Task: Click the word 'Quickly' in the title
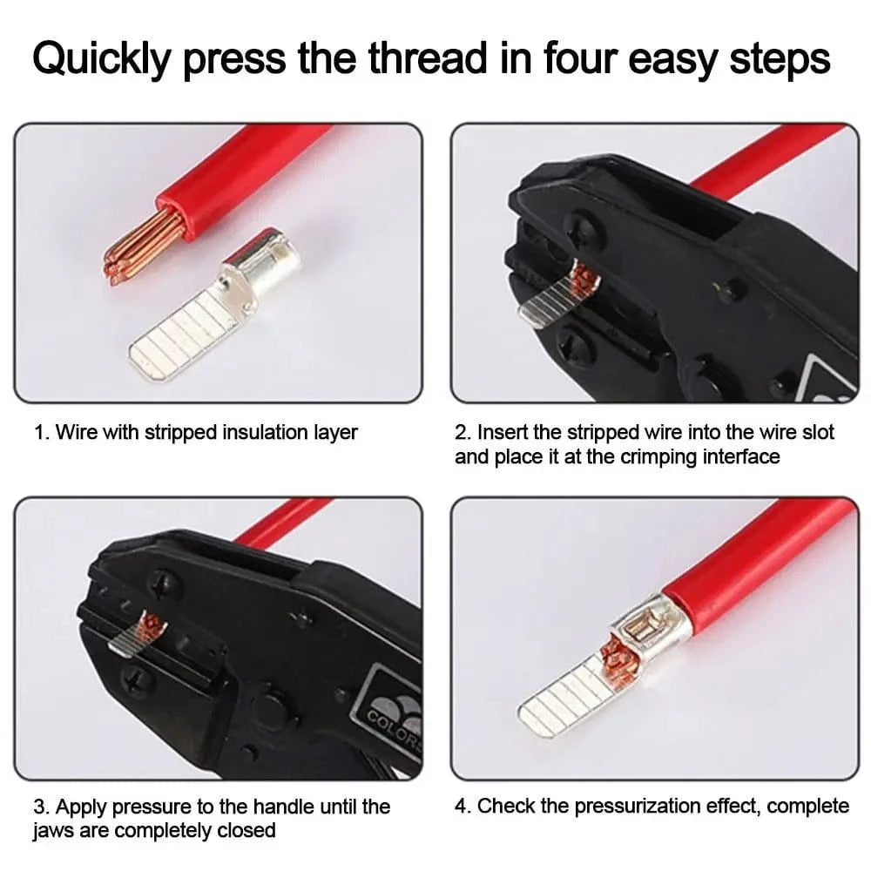tap(101, 59)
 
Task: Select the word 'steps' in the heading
tap(780, 59)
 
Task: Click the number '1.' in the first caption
tap(42, 432)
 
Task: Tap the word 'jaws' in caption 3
tap(53, 831)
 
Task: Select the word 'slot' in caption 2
tap(819, 432)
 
